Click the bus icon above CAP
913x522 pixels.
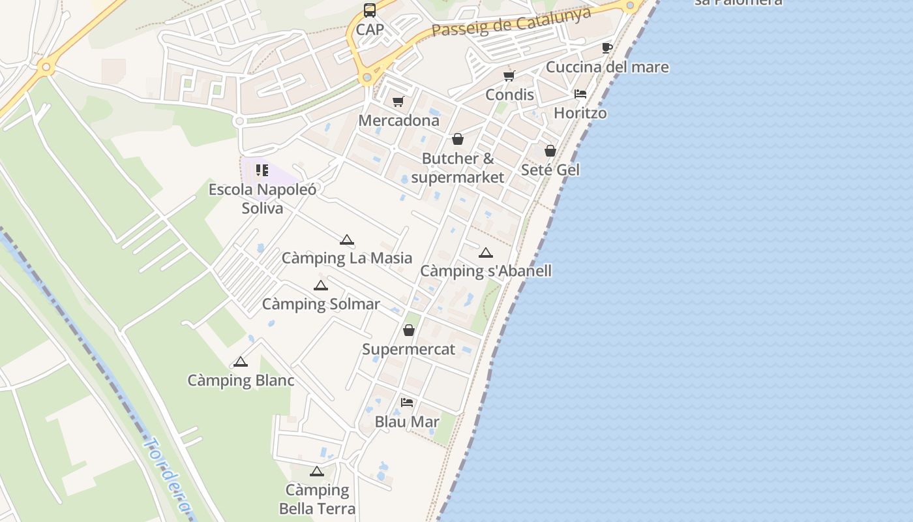tap(370, 10)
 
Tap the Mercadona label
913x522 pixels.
tap(399, 121)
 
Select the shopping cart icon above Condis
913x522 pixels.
tap(509, 76)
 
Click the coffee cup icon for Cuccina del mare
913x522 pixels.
tap(606, 48)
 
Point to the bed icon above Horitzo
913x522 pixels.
tap(580, 94)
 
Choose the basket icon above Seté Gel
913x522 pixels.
tap(550, 151)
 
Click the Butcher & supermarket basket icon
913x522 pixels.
tap(458, 139)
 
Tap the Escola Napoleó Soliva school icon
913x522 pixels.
tap(262, 171)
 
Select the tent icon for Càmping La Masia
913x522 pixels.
tap(347, 239)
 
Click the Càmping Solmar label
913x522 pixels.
tap(321, 304)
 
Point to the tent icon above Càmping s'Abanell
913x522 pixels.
tap(486, 253)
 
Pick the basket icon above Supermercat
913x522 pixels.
tap(409, 330)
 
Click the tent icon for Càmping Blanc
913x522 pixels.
tap(241, 361)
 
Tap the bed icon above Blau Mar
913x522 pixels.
tap(407, 403)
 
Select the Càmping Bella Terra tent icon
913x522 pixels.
tap(317, 471)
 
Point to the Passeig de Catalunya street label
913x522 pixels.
tap(511, 22)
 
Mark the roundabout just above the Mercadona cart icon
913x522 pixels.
tap(367, 78)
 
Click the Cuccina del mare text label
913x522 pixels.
tap(607, 67)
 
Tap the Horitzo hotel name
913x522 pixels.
tap(580, 113)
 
